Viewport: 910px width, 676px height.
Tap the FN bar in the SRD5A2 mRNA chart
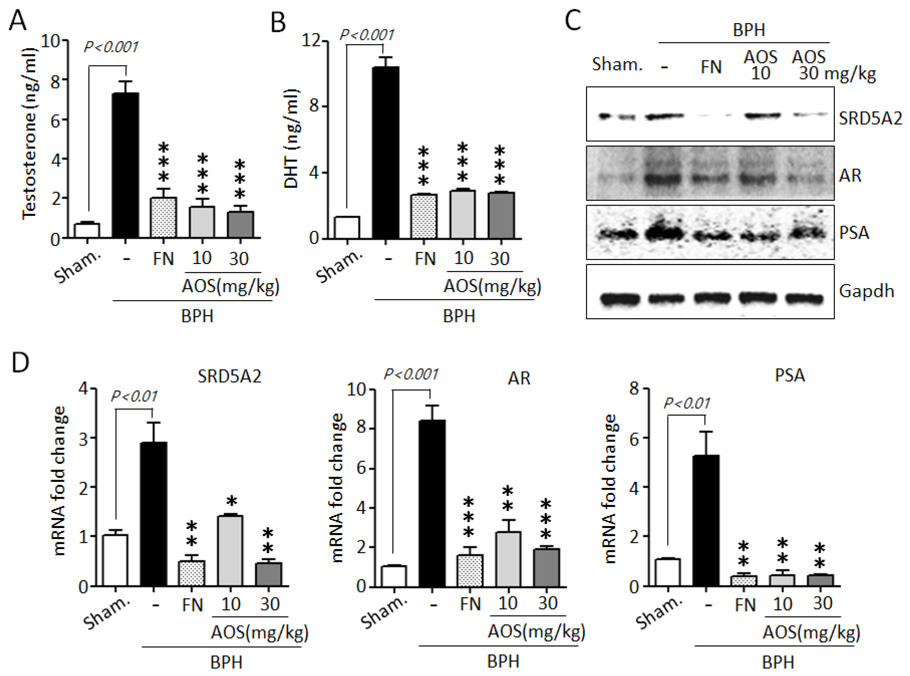[191, 573]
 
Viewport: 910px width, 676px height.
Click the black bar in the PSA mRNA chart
[705, 520]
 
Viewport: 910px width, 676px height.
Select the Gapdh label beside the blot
[866, 291]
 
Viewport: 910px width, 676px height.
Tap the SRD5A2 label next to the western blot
[870, 119]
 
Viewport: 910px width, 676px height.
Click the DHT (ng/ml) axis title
[291, 139]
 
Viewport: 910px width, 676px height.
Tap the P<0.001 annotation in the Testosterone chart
[111, 47]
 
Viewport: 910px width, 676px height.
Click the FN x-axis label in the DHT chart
[425, 258]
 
